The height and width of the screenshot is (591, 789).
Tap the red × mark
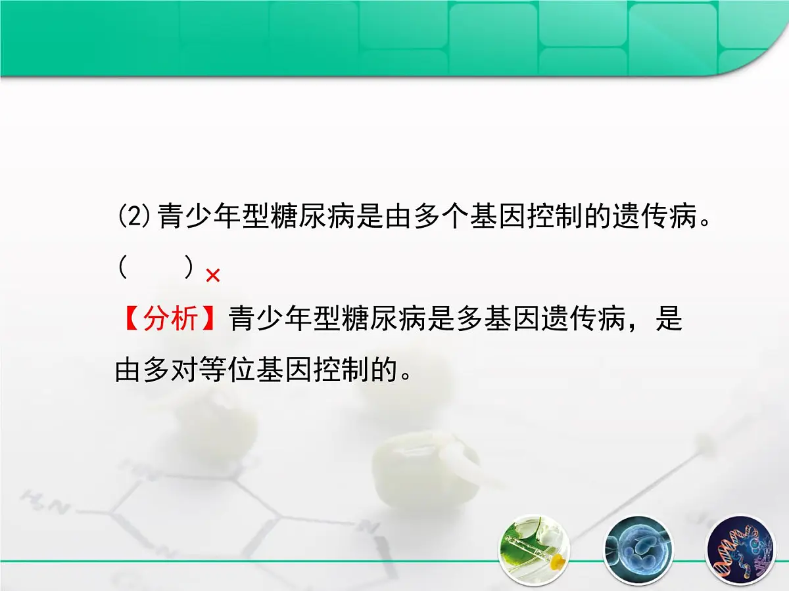212,276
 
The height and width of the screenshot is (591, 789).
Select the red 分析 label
170,320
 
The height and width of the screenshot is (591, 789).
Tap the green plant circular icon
534,549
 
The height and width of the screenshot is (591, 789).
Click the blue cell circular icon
638,549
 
